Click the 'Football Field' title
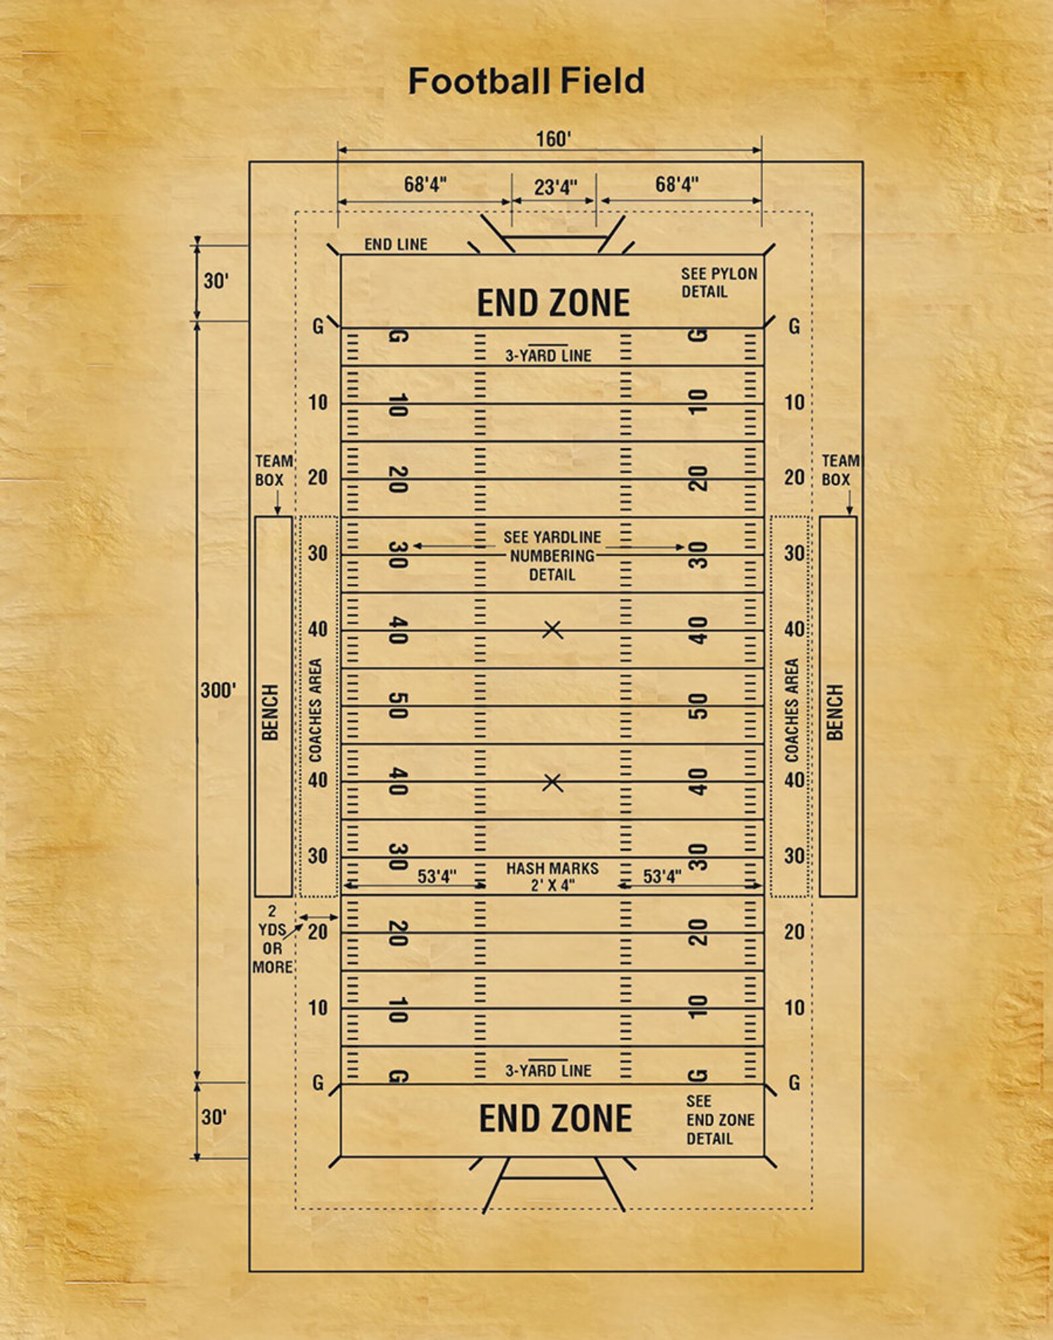tap(526, 82)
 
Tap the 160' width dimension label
tap(553, 139)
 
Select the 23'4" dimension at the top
tap(555, 188)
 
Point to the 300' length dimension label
tap(218, 691)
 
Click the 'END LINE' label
tap(396, 245)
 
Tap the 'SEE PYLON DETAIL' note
tap(718, 283)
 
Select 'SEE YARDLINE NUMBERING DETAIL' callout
tap(552, 556)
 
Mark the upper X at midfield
tap(552, 630)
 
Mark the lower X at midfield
tap(552, 783)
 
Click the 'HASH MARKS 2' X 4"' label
tap(552, 876)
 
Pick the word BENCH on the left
tap(271, 712)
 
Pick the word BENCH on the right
tap(835, 712)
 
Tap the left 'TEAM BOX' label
tap(273, 470)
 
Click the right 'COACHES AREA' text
tap(792, 710)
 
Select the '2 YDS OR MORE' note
tap(272, 939)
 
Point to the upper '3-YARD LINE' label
tap(548, 356)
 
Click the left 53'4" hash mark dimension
tap(437, 877)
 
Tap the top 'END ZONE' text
tap(553, 303)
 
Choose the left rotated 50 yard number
tap(397, 705)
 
